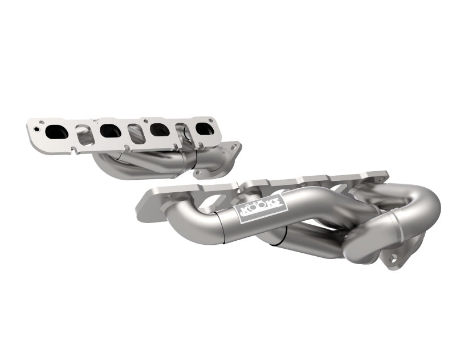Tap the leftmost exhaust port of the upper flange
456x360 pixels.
[56, 131]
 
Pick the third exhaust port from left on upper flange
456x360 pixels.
[157, 130]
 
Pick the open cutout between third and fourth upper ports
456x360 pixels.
[181, 132]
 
